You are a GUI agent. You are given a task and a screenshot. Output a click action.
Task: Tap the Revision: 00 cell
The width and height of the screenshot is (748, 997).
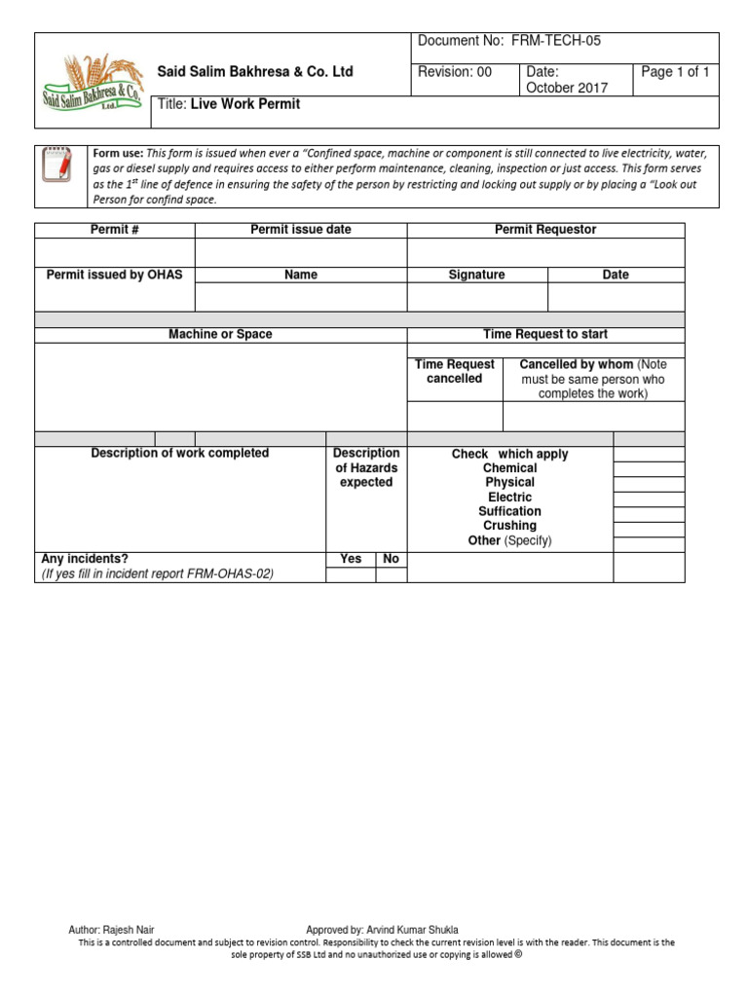tap(455, 72)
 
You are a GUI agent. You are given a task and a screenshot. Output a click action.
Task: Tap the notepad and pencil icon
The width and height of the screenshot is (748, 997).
tap(59, 166)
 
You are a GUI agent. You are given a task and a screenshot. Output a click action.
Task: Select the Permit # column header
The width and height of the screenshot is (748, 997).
tap(114, 230)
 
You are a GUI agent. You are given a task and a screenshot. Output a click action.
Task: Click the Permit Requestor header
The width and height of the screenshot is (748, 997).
tap(545, 230)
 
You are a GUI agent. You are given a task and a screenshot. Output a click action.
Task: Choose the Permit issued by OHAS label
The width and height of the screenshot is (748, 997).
tap(114, 276)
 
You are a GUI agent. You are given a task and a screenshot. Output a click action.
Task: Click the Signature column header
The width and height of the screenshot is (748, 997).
tap(476, 276)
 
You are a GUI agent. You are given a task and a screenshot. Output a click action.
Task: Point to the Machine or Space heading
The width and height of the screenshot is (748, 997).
tap(220, 335)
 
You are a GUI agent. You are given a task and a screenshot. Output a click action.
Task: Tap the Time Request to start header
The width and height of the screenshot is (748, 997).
tap(545, 335)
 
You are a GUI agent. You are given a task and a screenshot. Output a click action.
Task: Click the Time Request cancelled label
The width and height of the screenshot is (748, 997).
tap(454, 371)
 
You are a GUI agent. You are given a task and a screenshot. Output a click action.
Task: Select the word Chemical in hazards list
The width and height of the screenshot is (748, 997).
tap(509, 468)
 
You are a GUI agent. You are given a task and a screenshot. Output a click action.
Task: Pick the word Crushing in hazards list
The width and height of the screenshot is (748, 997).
tap(509, 526)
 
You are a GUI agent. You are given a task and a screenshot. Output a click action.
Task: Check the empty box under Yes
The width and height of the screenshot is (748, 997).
tap(351, 575)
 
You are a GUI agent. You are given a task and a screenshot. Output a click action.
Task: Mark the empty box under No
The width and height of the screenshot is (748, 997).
tap(392, 575)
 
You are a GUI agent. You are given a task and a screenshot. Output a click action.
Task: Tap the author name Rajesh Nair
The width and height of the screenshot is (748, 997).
tap(130, 930)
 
